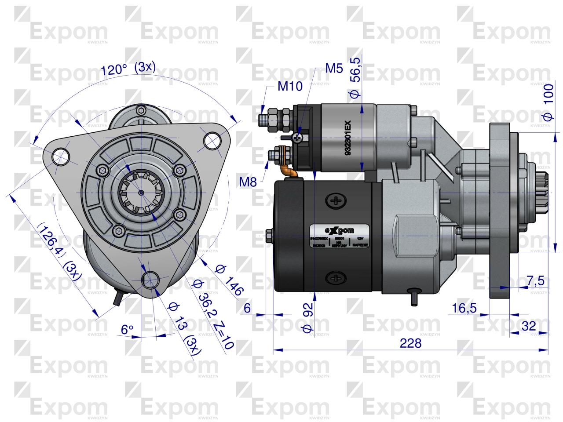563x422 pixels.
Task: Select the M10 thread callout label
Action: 290,86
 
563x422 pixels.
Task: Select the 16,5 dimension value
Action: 464,308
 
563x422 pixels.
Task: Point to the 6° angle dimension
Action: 127,329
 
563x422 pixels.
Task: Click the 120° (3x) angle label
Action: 128,69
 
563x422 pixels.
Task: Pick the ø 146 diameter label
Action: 229,280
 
